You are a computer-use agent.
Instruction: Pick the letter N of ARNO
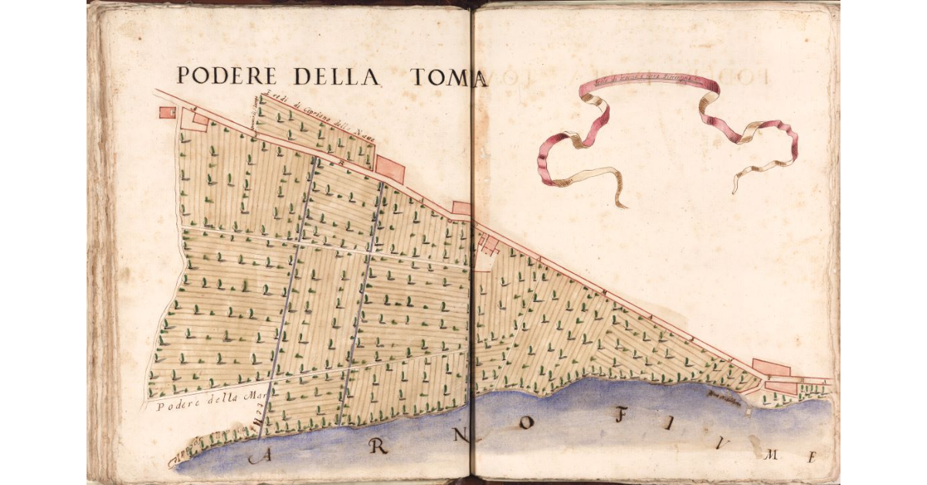[460, 435]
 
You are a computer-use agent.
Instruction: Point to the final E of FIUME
[812, 456]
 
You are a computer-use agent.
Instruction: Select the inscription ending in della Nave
[317, 117]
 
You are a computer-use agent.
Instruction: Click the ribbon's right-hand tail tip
[735, 188]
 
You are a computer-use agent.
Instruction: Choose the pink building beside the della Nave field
[390, 169]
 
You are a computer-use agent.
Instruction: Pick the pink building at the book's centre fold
[462, 208]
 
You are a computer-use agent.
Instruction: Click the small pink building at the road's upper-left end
[167, 112]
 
